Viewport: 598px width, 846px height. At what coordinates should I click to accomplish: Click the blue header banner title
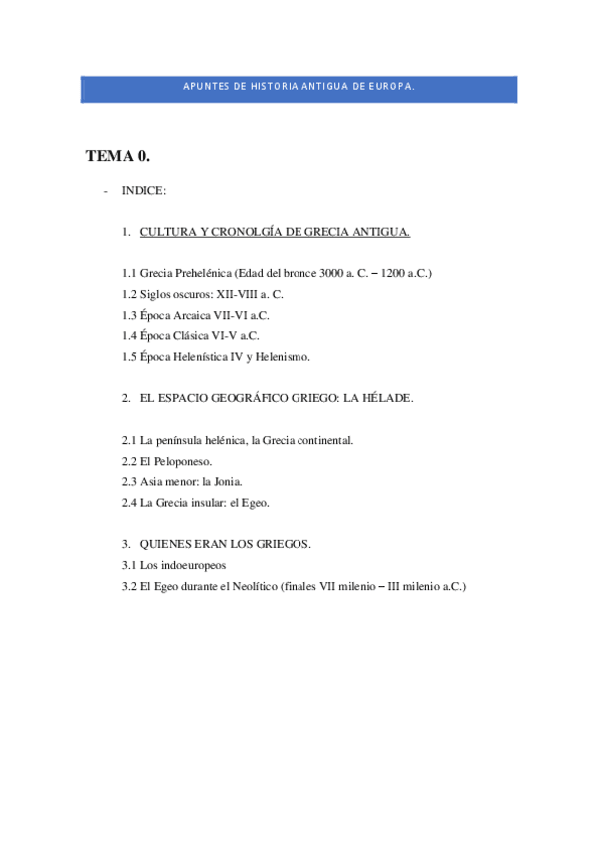point(299,87)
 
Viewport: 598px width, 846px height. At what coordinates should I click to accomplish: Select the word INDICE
point(144,190)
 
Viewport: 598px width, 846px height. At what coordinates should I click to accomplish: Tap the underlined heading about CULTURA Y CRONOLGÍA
point(275,232)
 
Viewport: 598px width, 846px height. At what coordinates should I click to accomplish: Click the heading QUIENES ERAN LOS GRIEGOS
point(226,544)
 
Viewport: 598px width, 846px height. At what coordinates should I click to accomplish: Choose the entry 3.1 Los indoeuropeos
point(169,565)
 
